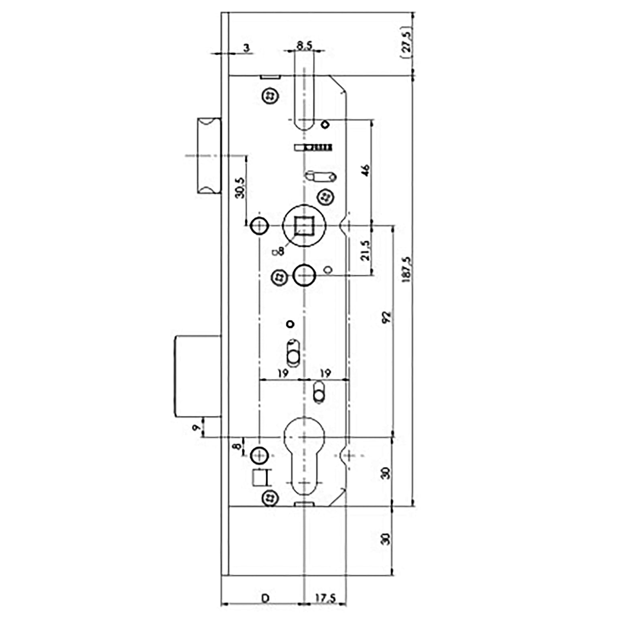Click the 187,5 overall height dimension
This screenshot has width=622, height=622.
pos(407,269)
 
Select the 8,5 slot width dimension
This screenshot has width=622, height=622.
pos(304,45)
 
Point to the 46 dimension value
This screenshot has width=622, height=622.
pos(365,170)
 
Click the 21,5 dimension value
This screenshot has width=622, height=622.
pos(365,250)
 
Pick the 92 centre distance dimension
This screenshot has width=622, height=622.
pos(386,317)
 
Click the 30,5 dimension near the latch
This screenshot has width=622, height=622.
pos(240,187)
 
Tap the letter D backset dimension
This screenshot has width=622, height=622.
pos(265,598)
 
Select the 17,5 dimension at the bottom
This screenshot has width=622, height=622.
pos(325,598)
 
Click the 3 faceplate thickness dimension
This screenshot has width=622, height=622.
pos(246,48)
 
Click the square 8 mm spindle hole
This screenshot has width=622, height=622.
pos(304,226)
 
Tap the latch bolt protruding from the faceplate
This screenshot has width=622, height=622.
pos(209,156)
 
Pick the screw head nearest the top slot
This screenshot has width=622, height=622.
pos(270,96)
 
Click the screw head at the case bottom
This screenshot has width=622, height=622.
pos(270,499)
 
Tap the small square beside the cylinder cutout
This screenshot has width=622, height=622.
pos(259,478)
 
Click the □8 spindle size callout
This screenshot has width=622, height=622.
pos(278,251)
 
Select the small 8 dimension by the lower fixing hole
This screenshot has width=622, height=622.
pos(238,445)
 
